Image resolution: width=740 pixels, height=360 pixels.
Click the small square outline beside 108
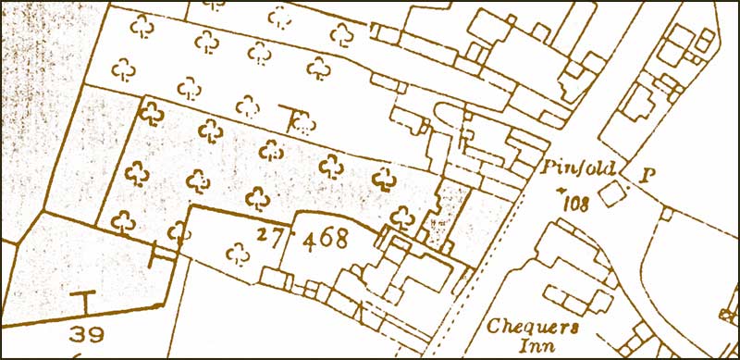(610, 194)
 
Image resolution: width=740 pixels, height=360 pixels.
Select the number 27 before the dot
(269, 237)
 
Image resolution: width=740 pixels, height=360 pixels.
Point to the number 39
(84, 334)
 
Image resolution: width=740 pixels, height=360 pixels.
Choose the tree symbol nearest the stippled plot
(401, 217)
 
